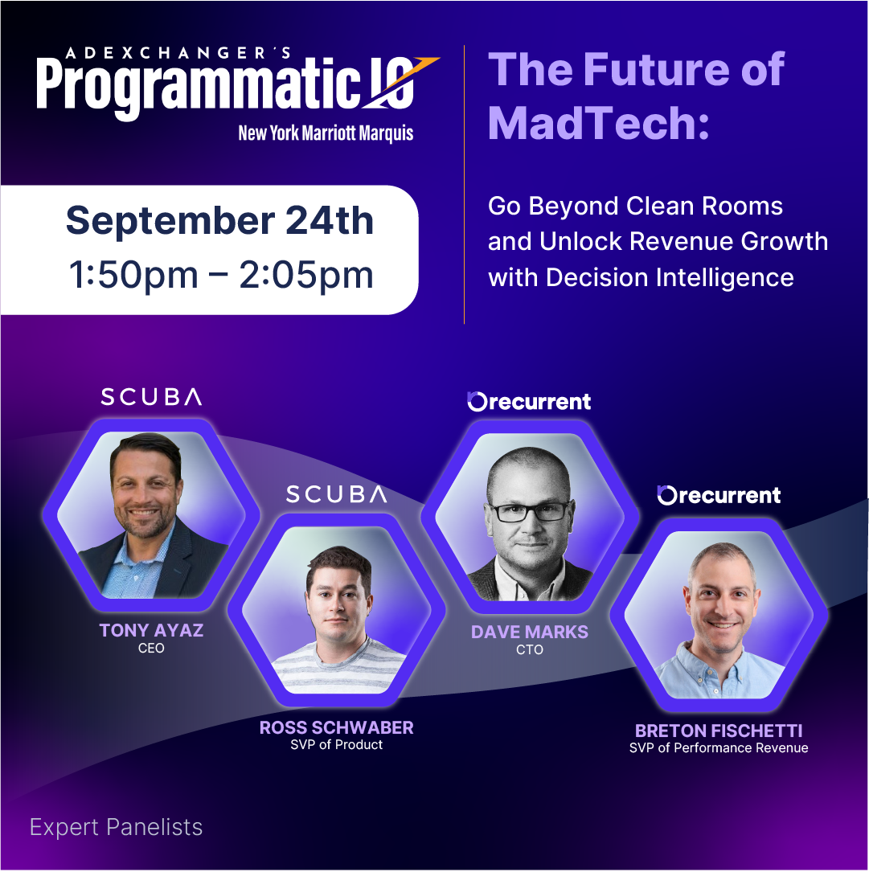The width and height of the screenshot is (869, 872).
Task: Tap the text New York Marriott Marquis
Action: coord(326,133)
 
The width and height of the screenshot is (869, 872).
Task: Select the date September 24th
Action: coord(219,220)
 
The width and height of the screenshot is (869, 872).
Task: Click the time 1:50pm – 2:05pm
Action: coord(219,275)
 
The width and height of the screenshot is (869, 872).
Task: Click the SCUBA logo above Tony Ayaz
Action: coord(151,396)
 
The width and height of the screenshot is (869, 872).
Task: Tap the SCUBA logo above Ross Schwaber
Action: coord(336,494)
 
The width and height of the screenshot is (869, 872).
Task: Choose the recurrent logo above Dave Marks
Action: coord(529,401)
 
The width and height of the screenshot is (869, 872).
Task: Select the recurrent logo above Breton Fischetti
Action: coord(719,495)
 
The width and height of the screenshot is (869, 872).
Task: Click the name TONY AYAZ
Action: coord(151,630)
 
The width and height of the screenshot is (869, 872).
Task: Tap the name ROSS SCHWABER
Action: coord(336,727)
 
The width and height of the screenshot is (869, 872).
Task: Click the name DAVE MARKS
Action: coord(529,632)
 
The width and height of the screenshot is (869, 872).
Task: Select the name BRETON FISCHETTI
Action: coord(719,731)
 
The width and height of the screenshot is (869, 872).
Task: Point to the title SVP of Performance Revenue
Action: coord(719,748)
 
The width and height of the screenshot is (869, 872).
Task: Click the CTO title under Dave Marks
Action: coord(529,649)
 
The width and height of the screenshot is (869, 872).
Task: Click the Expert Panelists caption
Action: coord(116,827)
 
